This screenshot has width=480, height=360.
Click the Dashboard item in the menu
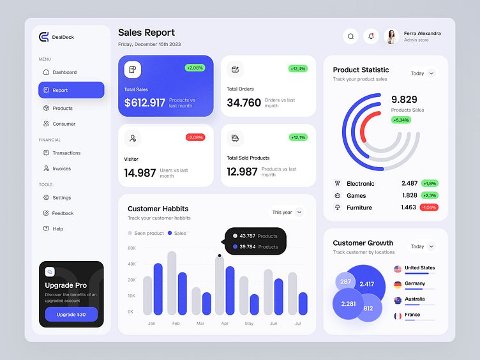(64, 72)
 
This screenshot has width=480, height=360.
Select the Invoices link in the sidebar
(61, 169)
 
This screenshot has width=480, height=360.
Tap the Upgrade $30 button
(71, 314)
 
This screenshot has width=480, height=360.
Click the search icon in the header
(350, 36)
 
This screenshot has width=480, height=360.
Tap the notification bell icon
(371, 36)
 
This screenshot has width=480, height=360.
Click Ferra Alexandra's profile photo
(391, 36)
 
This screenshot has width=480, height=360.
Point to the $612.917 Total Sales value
(145, 103)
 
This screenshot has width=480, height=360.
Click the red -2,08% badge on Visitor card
(195, 137)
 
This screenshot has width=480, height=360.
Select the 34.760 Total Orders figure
(244, 103)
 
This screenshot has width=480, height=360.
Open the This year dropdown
(287, 212)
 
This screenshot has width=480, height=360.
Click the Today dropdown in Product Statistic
(423, 73)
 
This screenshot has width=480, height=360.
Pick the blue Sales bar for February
(183, 293)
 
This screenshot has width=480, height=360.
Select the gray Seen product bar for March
(196, 301)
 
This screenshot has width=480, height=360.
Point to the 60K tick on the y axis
(131, 248)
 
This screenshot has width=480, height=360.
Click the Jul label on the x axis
(297, 324)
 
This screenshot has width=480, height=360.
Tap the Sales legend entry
(177, 233)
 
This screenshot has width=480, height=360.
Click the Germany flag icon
(398, 285)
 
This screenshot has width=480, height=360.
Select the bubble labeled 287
(345, 281)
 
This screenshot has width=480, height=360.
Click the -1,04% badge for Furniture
(429, 207)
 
